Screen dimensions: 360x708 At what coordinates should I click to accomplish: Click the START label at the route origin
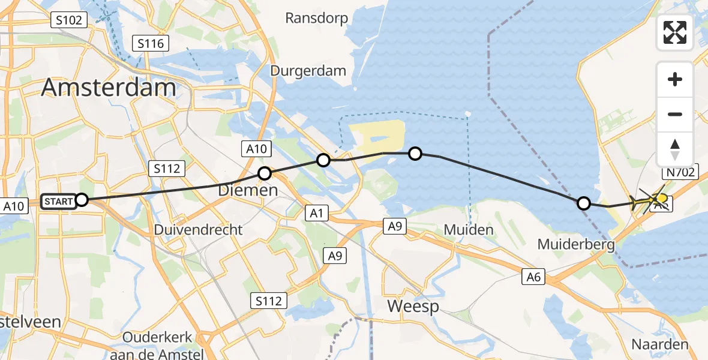point(58,201)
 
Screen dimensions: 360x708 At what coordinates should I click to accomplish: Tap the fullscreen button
point(675,32)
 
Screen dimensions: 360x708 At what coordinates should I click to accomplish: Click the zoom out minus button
point(675,114)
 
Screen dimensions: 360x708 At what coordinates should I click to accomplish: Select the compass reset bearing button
point(675,149)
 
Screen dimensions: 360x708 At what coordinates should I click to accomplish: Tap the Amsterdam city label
point(109,88)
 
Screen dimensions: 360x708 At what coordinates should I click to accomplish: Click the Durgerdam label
point(308,71)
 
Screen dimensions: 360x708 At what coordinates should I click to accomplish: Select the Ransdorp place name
point(317,18)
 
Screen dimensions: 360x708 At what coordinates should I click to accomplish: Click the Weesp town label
point(413,306)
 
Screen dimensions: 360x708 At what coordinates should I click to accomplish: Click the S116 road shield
point(151,43)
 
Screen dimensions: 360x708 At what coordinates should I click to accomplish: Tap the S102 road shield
point(68,20)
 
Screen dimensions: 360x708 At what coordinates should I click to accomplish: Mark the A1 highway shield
point(317,212)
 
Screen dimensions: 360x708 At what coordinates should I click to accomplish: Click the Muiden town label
point(469,229)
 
